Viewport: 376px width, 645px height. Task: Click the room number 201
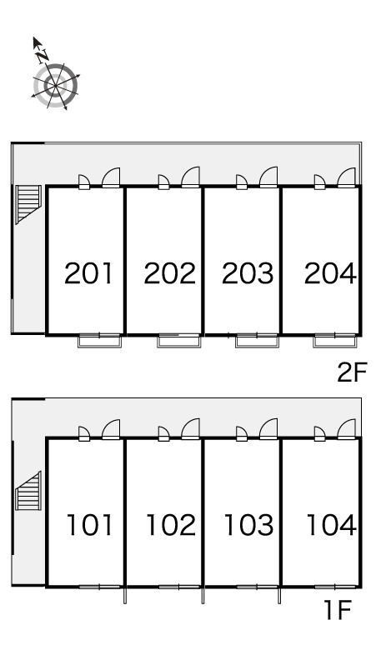pos(88,273)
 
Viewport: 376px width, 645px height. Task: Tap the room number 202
pos(169,273)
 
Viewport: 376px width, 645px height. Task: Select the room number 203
pos(248,273)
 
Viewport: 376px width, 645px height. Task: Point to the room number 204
pos(330,273)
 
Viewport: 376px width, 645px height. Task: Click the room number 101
pos(90,525)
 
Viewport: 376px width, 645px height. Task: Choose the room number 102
pos(171,525)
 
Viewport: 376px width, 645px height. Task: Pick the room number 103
pos(249,525)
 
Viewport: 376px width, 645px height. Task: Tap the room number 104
pos(331,525)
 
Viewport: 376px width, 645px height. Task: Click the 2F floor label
pos(352,372)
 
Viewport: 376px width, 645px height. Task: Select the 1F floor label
pos(338,610)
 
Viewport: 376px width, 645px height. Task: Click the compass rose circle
pos(55,86)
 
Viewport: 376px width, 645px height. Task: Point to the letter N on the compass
pos(42,55)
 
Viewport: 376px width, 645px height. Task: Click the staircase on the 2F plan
pos(28,204)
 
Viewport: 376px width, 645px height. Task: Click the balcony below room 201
pos(99,342)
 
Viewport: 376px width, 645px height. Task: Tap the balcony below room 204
pos(334,342)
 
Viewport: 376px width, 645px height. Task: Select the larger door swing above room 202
pos(190,177)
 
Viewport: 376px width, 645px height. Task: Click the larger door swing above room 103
pos(268,429)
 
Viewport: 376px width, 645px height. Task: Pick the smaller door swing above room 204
pos(319,182)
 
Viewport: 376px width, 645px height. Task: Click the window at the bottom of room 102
pos(179,587)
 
